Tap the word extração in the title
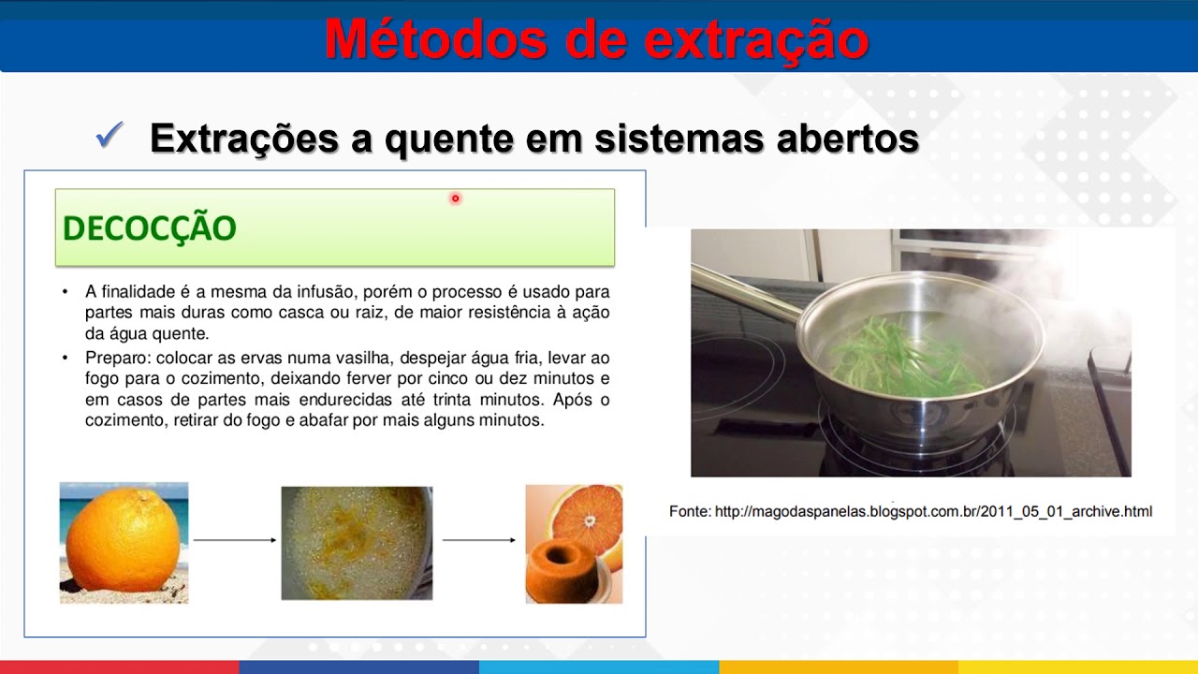[x=758, y=39]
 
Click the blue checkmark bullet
[x=110, y=138]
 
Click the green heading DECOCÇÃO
[x=149, y=228]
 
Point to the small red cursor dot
[x=455, y=198]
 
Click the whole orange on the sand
[x=123, y=544]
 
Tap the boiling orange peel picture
[x=357, y=543]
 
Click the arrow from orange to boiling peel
[x=234, y=540]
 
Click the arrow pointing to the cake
[x=478, y=540]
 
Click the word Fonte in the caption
[x=689, y=512]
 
